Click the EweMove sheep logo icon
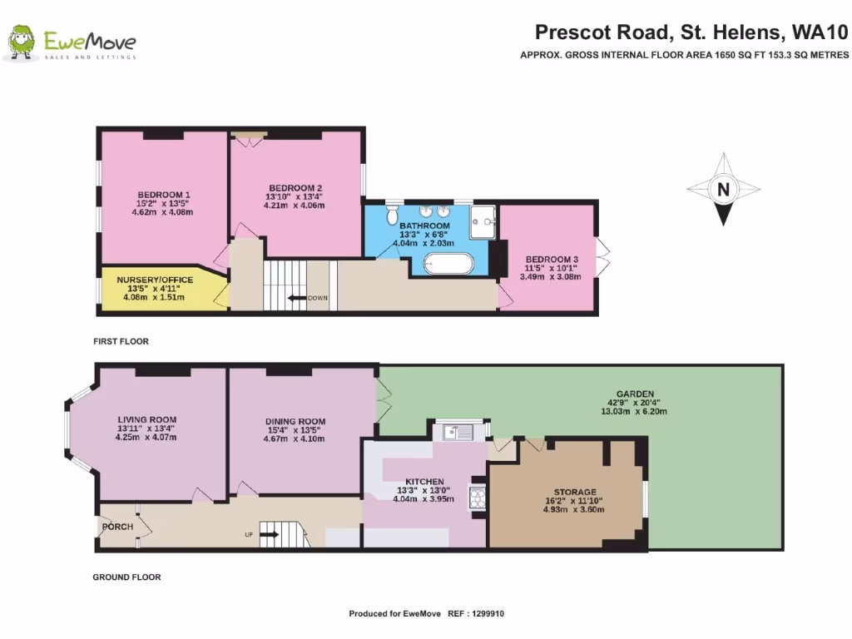click(22, 42)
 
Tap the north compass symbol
click(724, 190)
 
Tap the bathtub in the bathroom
click(448, 264)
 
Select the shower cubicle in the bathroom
click(482, 217)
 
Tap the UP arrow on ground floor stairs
click(270, 534)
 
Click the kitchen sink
click(456, 431)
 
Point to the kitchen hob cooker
click(479, 498)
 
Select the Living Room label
click(147, 419)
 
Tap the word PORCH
click(117, 527)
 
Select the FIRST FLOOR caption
click(121, 341)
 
